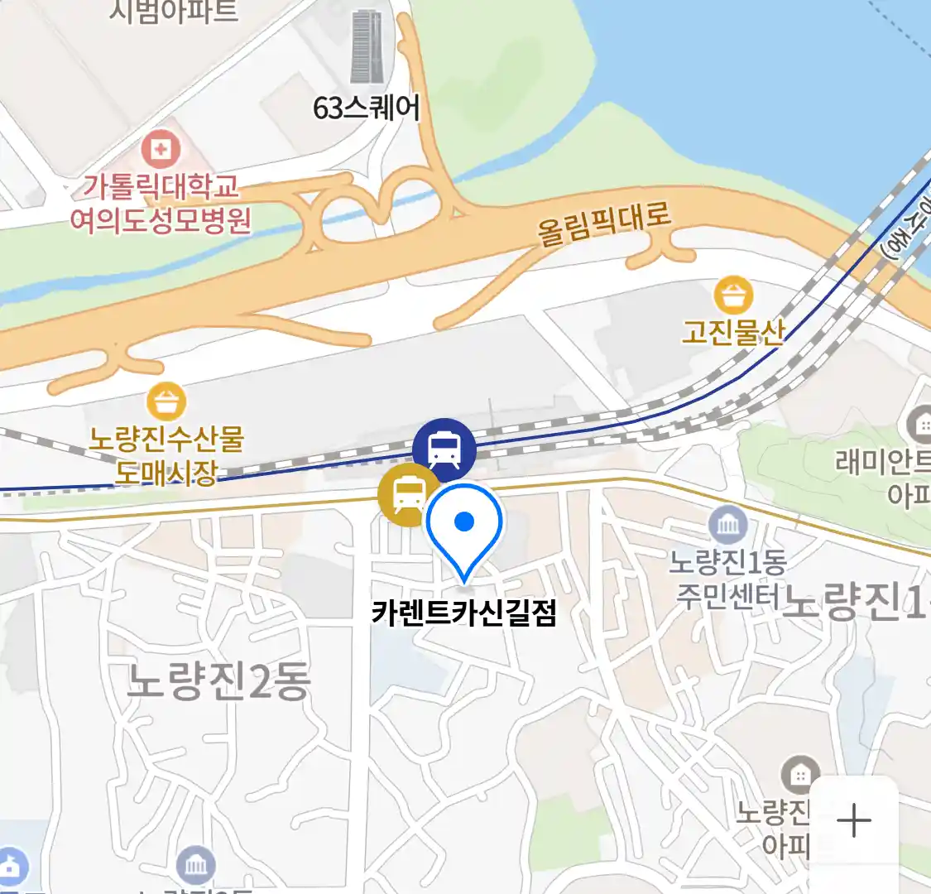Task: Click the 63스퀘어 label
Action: (x=367, y=108)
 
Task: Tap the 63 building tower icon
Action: (x=367, y=46)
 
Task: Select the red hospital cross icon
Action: (x=161, y=150)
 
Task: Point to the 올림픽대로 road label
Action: (x=603, y=222)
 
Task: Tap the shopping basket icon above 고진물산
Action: (x=733, y=296)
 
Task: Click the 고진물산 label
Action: (x=733, y=332)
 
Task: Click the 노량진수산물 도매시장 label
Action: (x=166, y=454)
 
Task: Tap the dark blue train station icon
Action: (x=444, y=449)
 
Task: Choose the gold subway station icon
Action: (x=408, y=495)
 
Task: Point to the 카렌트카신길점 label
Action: (x=464, y=613)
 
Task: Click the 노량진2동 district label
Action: (x=218, y=682)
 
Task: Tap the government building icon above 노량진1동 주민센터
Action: (x=728, y=525)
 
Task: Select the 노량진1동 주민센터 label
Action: (x=728, y=579)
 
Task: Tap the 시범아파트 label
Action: (x=174, y=12)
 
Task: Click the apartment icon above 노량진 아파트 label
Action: (x=800, y=775)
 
